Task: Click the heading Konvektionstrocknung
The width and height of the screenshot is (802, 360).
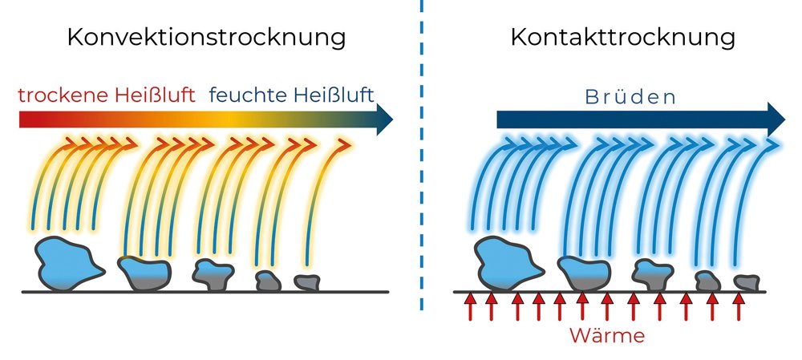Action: click(x=207, y=38)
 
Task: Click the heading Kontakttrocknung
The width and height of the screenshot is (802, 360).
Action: click(x=622, y=38)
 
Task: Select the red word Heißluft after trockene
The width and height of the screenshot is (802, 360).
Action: click(x=160, y=96)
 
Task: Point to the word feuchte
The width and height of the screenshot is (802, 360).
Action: click(x=245, y=96)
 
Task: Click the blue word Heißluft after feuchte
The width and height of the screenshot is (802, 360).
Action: click(x=330, y=96)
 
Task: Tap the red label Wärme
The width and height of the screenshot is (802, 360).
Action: click(x=607, y=335)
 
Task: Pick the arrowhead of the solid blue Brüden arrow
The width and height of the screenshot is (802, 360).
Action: click(x=775, y=119)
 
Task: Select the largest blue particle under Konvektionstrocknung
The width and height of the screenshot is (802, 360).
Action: click(x=67, y=261)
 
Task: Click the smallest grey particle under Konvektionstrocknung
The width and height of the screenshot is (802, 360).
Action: click(x=306, y=282)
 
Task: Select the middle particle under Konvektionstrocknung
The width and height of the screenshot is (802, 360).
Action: click(x=212, y=273)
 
